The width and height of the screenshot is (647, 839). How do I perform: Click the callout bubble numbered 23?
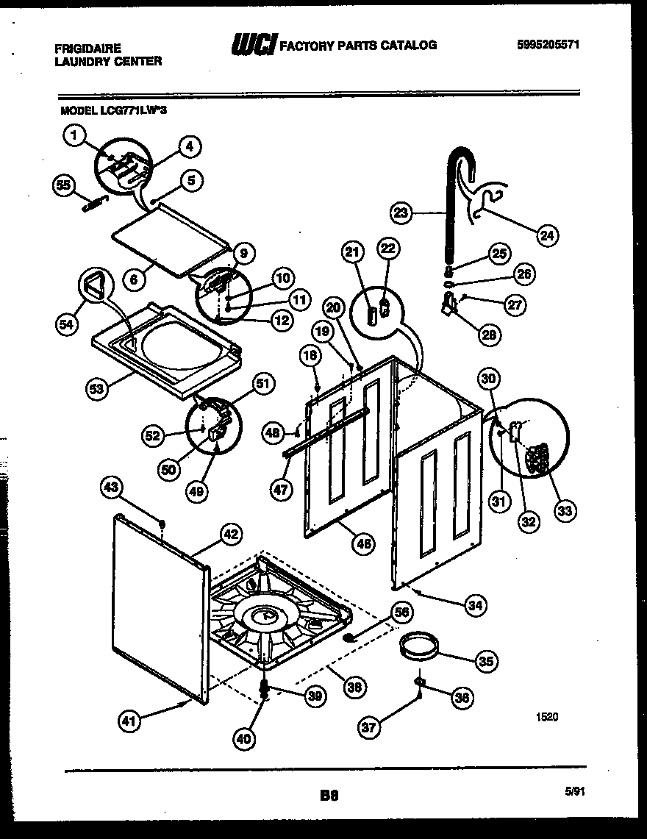[400, 214]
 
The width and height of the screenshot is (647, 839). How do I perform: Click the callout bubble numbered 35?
[485, 661]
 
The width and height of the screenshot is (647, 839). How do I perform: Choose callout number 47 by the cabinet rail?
[281, 490]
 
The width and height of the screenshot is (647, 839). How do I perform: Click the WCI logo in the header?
[253, 46]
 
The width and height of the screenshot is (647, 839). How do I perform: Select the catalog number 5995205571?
[548, 44]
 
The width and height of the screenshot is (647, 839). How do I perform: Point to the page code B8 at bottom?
[329, 794]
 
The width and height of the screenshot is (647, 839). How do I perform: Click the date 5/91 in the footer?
[576, 791]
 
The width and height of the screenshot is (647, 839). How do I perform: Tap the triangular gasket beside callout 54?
[95, 285]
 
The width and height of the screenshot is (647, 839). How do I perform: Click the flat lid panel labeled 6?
[165, 240]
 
